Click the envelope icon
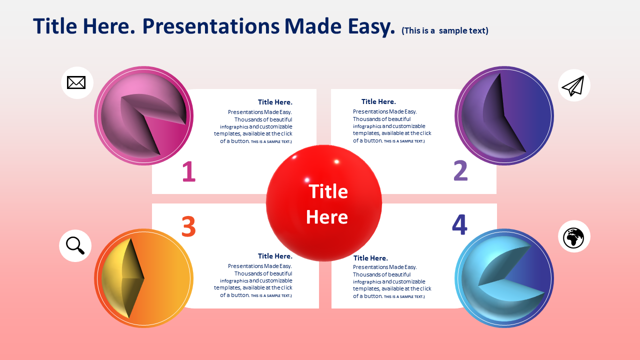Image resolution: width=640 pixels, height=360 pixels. (76, 82)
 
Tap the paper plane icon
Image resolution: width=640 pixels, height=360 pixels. (573, 85)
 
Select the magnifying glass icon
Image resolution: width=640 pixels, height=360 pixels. (75, 245)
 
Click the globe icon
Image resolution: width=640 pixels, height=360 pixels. (573, 237)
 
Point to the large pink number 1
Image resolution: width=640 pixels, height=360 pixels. (189, 171)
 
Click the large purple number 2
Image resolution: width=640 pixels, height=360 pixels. (460, 170)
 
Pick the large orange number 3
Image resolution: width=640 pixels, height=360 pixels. (188, 226)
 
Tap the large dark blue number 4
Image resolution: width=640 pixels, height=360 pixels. (459, 224)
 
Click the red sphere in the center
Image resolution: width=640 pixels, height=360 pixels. (324, 203)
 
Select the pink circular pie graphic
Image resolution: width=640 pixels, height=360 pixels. (143, 115)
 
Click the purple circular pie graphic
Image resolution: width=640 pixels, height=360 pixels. (504, 115)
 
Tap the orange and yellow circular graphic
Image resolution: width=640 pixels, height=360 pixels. (143, 278)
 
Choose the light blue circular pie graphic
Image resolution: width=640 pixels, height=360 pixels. (504, 278)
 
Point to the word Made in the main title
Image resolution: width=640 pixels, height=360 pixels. (313, 26)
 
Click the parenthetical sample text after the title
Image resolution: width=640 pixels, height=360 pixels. (445, 30)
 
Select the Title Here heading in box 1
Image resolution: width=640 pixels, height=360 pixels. (275, 102)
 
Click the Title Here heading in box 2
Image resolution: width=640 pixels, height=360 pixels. (378, 101)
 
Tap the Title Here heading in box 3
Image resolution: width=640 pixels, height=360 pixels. (275, 256)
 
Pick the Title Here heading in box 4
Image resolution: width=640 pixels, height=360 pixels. (370, 258)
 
